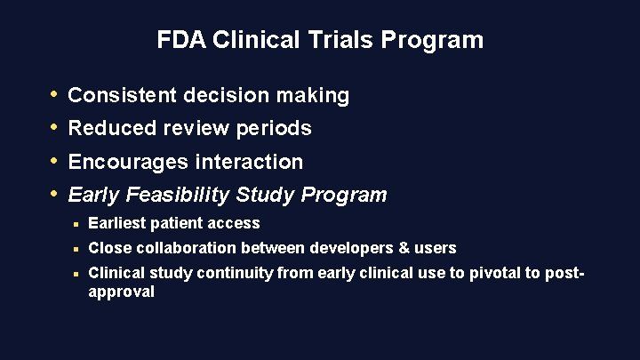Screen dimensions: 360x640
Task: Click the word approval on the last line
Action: click(122, 292)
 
